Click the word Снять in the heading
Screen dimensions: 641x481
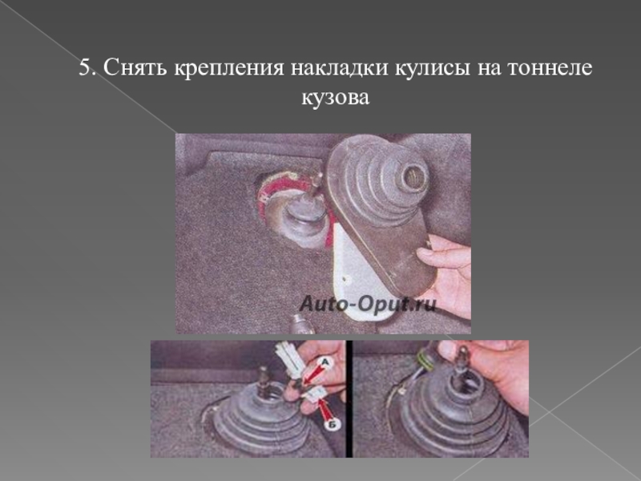click(x=135, y=67)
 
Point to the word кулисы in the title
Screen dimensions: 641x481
click(x=432, y=69)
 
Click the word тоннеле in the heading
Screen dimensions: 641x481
click(x=550, y=67)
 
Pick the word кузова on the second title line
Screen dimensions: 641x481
click(x=336, y=99)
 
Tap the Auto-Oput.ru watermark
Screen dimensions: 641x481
click(x=368, y=305)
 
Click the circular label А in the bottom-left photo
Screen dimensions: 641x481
click(x=325, y=362)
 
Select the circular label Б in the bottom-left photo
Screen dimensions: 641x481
click(x=332, y=425)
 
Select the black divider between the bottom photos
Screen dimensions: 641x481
click(x=349, y=398)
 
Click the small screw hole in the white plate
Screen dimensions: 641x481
click(x=346, y=279)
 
